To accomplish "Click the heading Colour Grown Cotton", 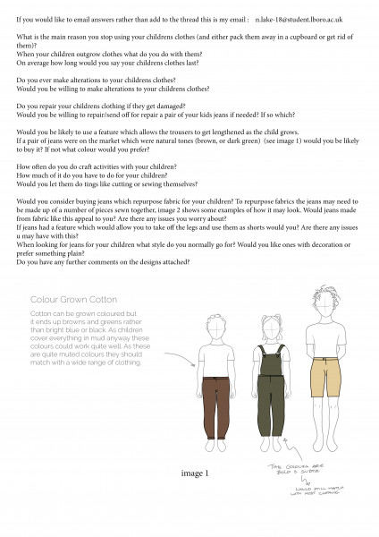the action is pyautogui.click(x=74, y=299).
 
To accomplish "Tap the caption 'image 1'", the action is pyautogui.click(x=194, y=473).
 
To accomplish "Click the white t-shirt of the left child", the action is pyautogui.click(x=213, y=349).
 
